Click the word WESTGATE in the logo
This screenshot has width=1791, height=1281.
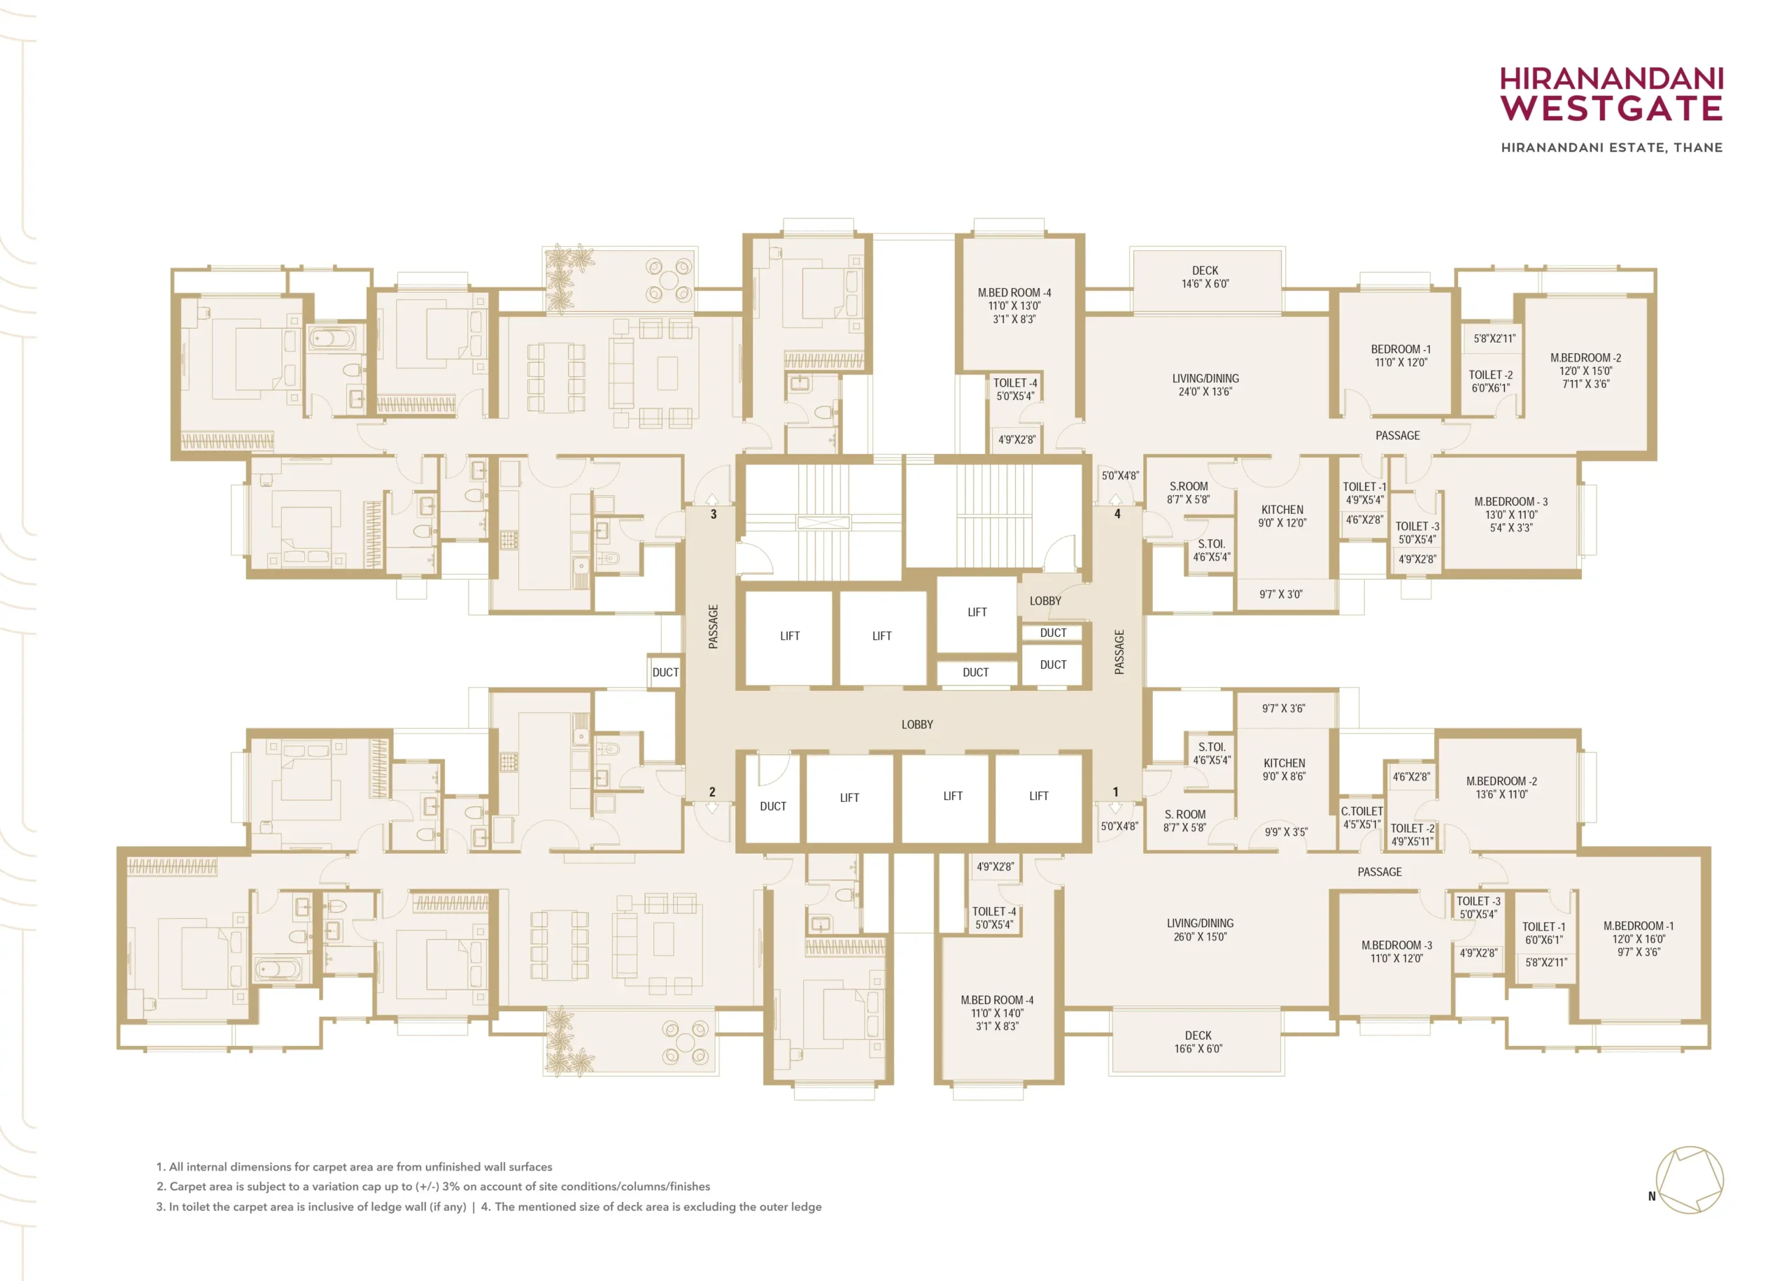click(1611, 108)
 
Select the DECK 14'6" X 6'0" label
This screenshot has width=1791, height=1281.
click(1205, 277)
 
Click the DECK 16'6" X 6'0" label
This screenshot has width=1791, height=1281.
click(1198, 1041)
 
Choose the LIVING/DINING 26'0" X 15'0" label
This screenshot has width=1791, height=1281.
click(1199, 929)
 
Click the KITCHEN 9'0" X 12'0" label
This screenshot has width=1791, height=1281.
click(1282, 516)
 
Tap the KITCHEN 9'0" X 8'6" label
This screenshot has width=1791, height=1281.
click(1284, 769)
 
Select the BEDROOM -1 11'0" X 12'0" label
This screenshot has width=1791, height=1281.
click(1401, 356)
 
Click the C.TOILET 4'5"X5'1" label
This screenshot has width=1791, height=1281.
click(1362, 817)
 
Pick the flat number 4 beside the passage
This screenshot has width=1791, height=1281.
click(1117, 513)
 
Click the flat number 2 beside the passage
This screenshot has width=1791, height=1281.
click(712, 791)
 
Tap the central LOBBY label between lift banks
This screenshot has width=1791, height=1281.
click(916, 724)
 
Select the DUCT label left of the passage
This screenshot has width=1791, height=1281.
click(665, 672)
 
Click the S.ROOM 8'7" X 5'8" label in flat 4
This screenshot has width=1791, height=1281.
click(1188, 492)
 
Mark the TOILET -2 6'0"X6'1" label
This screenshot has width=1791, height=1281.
click(1490, 381)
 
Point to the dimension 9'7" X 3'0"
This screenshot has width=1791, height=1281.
click(1280, 594)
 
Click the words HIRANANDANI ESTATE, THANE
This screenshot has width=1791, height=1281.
click(1611, 148)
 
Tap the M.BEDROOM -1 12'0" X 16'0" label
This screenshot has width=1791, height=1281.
click(1638, 938)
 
